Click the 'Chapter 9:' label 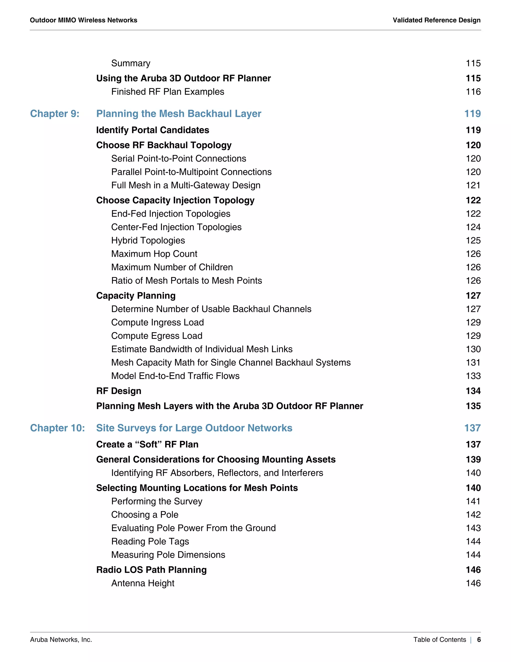54,114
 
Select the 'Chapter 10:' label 57,428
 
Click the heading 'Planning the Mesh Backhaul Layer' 179,114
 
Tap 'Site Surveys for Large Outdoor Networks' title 194,428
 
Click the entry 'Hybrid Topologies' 148,240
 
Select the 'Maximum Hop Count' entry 154,254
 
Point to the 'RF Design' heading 119,391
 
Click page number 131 473,362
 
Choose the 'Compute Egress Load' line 157,336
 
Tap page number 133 473,376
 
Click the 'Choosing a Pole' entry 145,515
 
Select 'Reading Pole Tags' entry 150,541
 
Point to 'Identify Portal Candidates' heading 152,130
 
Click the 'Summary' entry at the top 131,63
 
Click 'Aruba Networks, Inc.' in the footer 61,640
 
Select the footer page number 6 479,640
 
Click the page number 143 473,528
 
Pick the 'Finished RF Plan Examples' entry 168,92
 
